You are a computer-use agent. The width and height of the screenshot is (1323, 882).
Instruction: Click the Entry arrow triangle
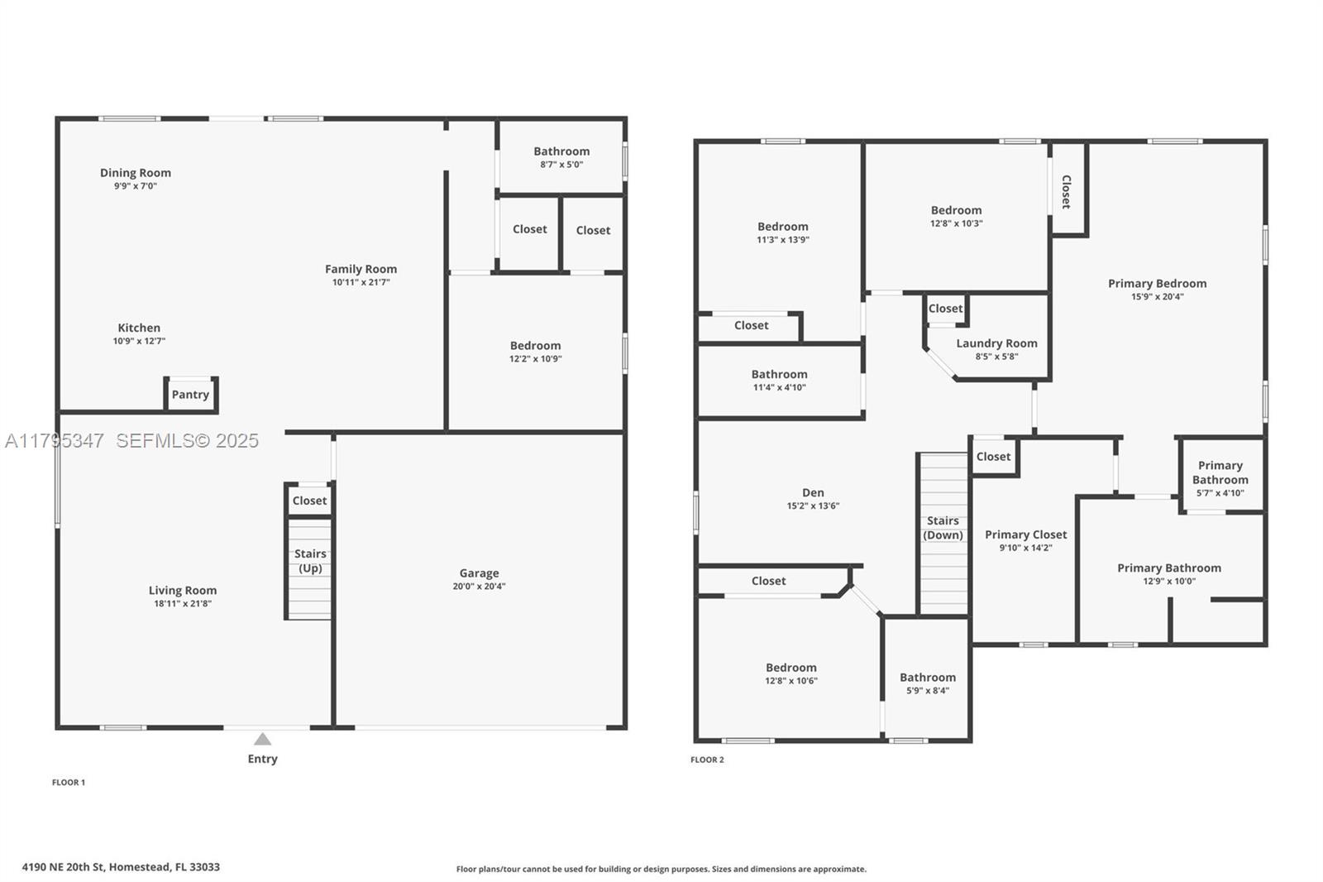[x=262, y=739]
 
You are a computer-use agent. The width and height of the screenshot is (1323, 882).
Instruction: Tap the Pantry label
[x=190, y=395]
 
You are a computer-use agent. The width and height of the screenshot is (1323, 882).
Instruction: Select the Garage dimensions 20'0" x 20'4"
[x=479, y=587]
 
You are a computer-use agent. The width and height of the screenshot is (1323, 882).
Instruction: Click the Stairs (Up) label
[x=310, y=561]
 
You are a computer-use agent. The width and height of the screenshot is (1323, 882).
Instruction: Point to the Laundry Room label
[x=996, y=343]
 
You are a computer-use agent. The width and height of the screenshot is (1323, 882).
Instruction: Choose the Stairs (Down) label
[x=943, y=528]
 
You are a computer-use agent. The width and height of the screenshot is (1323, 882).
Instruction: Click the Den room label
[x=813, y=492]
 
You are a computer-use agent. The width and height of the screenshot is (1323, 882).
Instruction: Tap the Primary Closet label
[x=1025, y=534]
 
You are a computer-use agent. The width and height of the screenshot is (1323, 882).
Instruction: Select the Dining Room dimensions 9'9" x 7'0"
[x=136, y=186]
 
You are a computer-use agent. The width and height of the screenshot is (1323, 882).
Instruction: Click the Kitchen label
[x=139, y=328]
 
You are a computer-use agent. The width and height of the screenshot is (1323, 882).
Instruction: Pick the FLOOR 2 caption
[x=707, y=760]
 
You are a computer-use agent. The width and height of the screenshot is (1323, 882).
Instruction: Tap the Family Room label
[x=361, y=269]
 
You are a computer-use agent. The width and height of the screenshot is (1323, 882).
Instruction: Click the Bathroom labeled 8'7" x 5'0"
[x=561, y=151]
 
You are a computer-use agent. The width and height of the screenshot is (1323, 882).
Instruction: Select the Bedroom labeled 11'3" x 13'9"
[x=782, y=227]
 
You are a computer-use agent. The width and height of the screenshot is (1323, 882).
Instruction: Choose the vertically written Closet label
[x=1067, y=191]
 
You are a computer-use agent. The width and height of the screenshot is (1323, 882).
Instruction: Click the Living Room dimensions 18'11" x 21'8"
[x=182, y=604]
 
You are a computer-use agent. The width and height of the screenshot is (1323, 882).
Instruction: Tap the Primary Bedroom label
[x=1157, y=284]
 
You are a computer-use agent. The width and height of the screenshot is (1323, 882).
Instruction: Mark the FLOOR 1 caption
[x=69, y=782]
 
